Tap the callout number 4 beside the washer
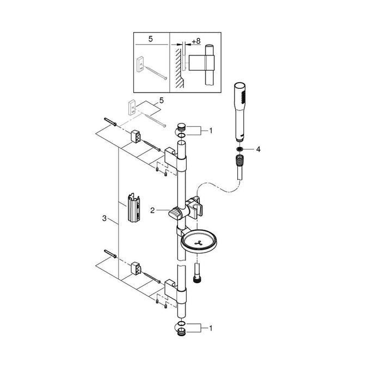[258, 148]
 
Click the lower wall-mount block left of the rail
[136, 268]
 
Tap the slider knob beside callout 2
[175, 213]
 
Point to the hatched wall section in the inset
[177, 63]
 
